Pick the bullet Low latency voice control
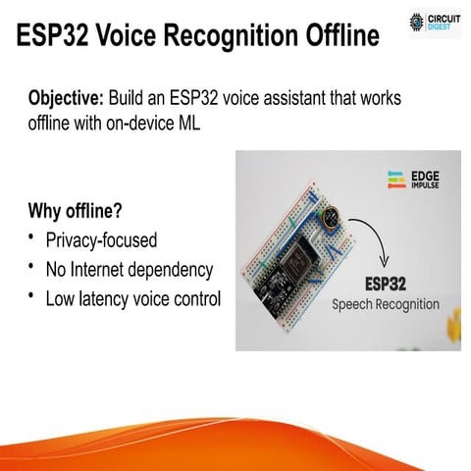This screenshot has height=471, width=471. tap(133, 298)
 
